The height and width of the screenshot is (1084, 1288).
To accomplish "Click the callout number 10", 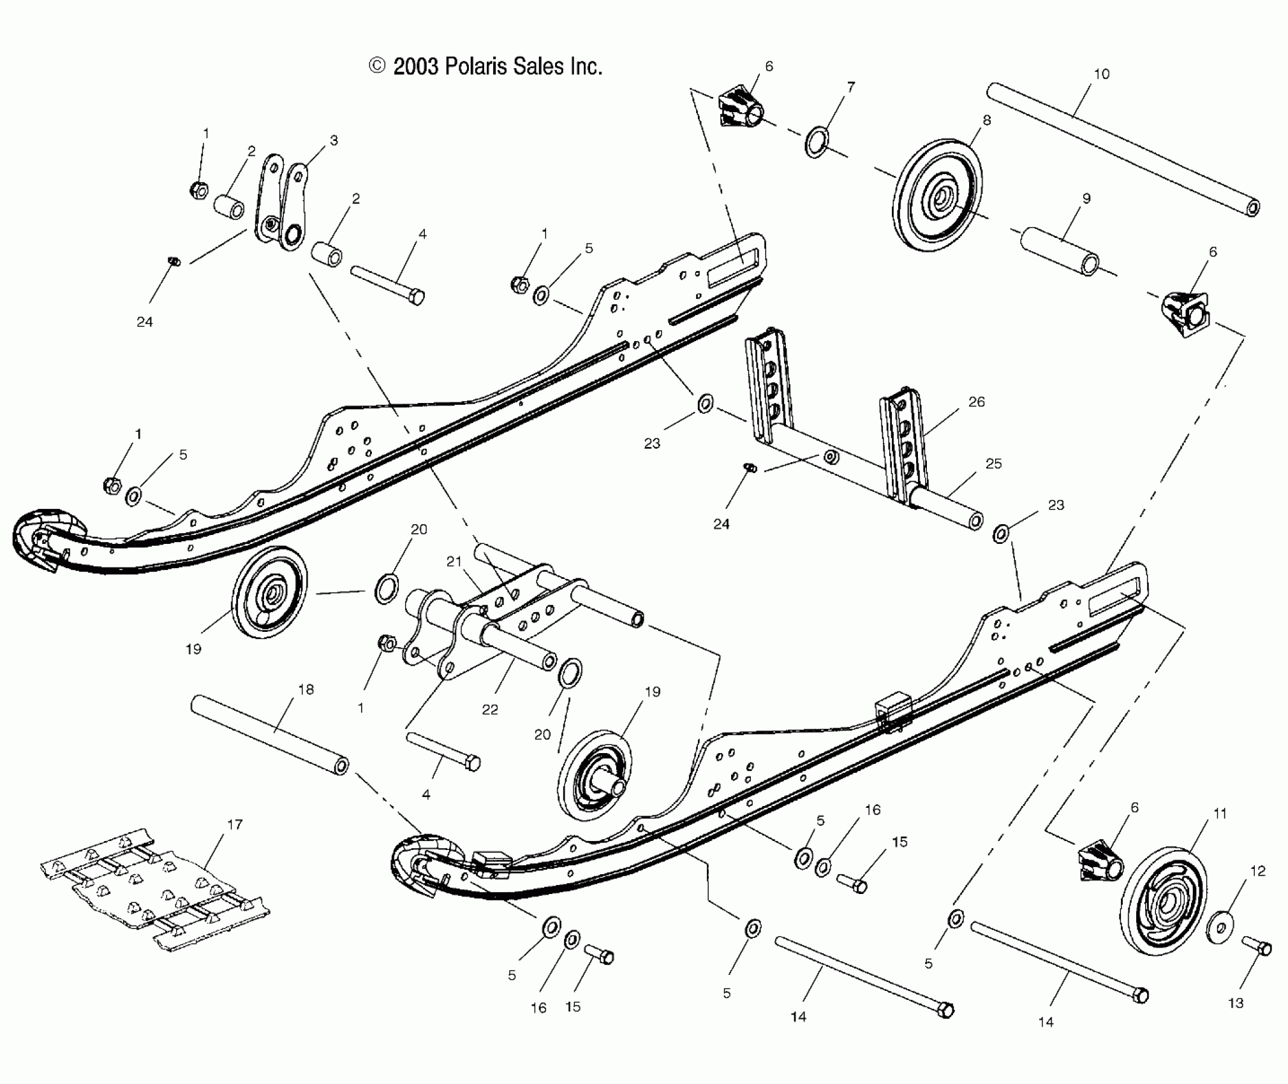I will (1102, 74).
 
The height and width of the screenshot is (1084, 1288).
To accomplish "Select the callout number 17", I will (235, 824).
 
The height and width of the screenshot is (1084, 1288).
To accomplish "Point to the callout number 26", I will (976, 402).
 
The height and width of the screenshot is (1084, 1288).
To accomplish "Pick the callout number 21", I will (454, 562).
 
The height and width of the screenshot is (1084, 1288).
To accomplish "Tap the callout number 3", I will (334, 140).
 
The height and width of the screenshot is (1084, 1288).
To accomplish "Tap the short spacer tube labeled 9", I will (1060, 251).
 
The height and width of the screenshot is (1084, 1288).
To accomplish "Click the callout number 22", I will (489, 709).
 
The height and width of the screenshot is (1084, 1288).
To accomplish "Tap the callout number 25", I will (994, 464).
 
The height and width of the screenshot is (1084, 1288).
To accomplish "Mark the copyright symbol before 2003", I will (378, 66).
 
